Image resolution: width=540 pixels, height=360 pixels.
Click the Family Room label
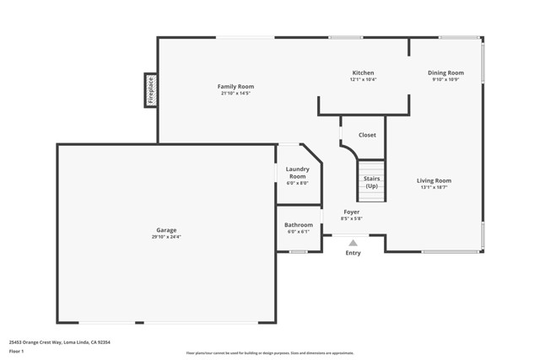(x=235, y=86)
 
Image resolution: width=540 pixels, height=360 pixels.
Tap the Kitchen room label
(x=363, y=73)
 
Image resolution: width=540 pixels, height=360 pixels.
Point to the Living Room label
(x=434, y=180)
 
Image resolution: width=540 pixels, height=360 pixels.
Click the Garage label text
(x=166, y=230)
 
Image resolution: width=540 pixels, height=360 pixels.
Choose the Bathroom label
(x=298, y=225)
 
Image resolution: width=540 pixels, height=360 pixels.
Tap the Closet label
(x=367, y=135)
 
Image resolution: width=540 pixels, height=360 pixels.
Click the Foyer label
(x=351, y=212)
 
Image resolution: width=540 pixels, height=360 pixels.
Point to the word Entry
(x=353, y=253)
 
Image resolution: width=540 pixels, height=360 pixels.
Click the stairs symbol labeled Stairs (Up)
(x=371, y=181)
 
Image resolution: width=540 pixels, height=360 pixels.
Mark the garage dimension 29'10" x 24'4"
(x=166, y=237)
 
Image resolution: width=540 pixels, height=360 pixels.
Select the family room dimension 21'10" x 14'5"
(x=235, y=93)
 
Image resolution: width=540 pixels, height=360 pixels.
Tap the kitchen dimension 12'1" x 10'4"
(x=363, y=79)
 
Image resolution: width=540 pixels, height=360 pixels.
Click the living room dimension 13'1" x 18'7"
(x=434, y=187)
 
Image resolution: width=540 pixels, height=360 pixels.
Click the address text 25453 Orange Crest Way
(x=60, y=342)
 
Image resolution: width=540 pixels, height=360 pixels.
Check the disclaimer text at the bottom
(x=269, y=352)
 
